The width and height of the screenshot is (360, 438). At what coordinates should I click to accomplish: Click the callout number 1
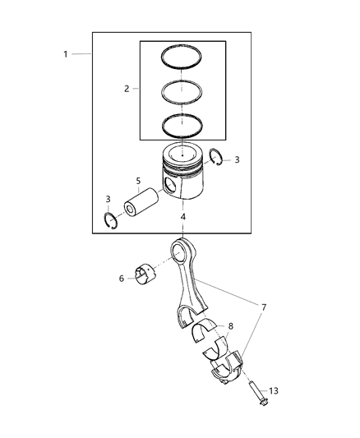pos(65,53)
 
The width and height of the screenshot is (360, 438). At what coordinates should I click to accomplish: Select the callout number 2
pos(127,88)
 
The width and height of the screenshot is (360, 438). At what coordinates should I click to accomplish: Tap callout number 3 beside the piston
pos(238,160)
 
